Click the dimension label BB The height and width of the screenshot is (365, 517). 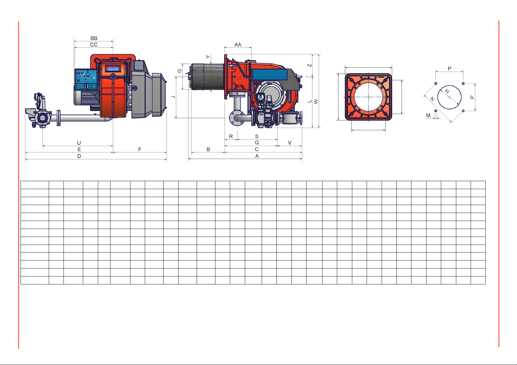(94, 38)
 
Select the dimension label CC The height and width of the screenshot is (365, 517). (94, 44)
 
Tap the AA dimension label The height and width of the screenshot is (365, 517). (238, 44)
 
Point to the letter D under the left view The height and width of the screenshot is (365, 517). (79, 156)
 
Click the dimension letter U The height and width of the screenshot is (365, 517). (79, 143)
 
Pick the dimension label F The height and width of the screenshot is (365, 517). (140, 149)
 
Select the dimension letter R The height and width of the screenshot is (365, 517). (231, 136)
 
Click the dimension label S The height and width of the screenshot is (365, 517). (257, 136)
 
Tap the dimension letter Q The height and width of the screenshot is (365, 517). (257, 143)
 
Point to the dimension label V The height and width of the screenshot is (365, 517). (290, 143)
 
